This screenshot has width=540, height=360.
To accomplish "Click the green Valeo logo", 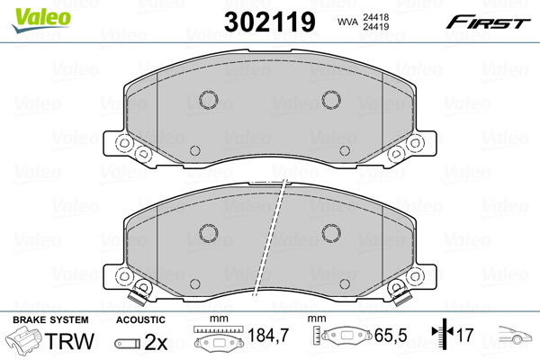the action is (40, 20).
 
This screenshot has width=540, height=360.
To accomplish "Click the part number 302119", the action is (270, 22).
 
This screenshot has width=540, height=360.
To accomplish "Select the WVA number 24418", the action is (375, 17).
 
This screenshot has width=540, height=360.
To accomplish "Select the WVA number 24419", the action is (375, 26).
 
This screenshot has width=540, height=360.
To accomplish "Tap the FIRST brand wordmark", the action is (488, 22).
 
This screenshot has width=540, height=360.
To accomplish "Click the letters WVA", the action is (347, 22).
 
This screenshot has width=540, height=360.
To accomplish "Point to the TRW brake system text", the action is (69, 341).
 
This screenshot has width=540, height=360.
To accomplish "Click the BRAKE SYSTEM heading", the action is (50, 320).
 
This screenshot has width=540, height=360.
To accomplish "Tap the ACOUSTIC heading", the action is (140, 320).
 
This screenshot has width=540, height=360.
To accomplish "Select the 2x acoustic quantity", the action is (156, 342).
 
